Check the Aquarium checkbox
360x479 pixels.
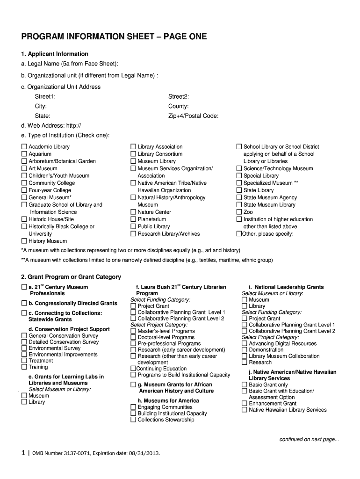24,154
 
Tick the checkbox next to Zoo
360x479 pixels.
239,212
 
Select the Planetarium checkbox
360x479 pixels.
133,219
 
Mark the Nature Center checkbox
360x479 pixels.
133,212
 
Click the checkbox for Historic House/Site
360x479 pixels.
24,219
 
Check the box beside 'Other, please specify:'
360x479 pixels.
239,234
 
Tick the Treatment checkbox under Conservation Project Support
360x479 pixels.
24,361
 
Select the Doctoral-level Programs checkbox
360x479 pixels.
133,337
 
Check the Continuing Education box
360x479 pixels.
133,369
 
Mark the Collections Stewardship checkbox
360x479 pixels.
133,420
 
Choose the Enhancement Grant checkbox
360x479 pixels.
245,403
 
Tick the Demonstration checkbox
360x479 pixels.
245,350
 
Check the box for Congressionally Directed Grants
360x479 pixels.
24,303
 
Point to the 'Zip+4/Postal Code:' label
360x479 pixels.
193,116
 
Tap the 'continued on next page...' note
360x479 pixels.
309,439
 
